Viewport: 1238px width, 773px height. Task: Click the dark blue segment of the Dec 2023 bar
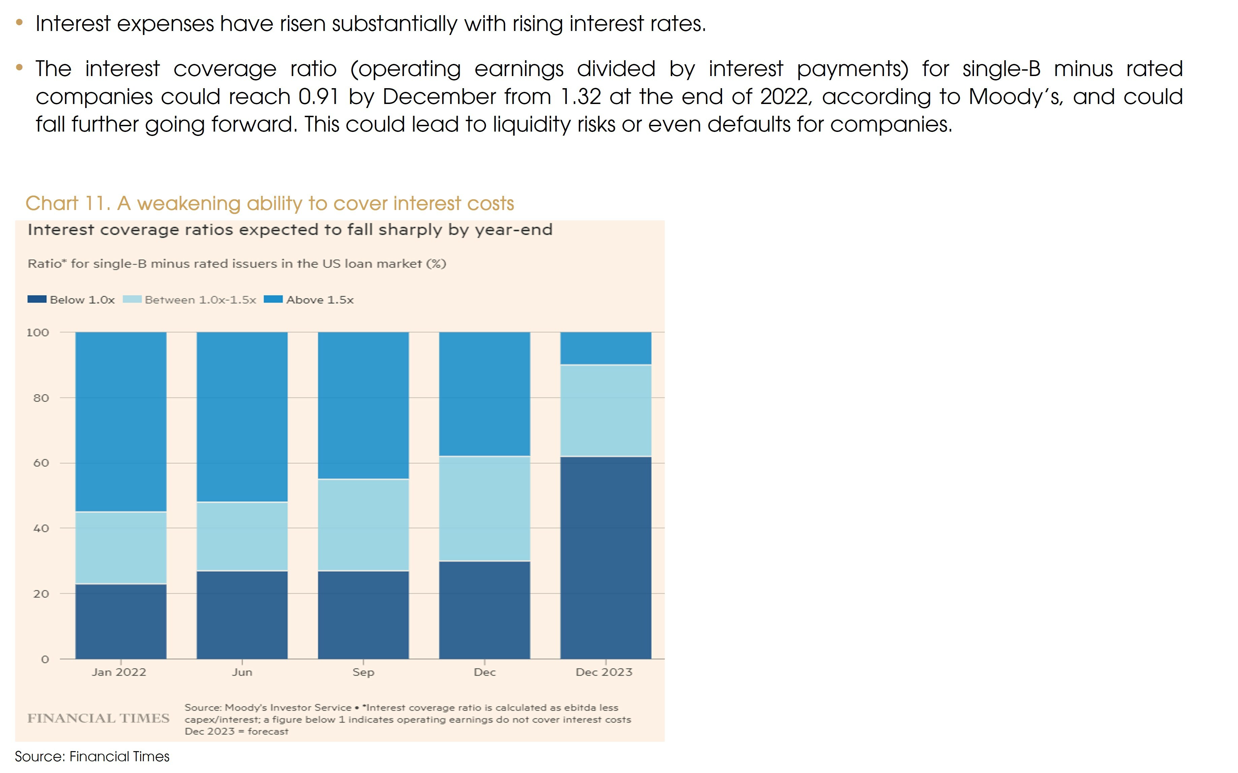[x=606, y=557]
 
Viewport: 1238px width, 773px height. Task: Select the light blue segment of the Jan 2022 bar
[x=121, y=548]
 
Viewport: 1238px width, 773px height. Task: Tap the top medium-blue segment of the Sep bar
[x=363, y=406]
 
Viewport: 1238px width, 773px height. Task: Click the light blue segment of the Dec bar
[x=485, y=509]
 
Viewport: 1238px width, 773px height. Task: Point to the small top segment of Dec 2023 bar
[x=606, y=348]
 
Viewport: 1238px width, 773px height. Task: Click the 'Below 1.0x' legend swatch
[x=37, y=300]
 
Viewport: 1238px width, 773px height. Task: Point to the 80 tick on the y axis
[x=41, y=398]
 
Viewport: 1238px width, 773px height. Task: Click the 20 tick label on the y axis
[x=41, y=594]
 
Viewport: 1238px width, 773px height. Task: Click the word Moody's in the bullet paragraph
[x=1015, y=97]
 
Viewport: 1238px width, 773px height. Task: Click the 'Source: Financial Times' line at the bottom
[x=92, y=757]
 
